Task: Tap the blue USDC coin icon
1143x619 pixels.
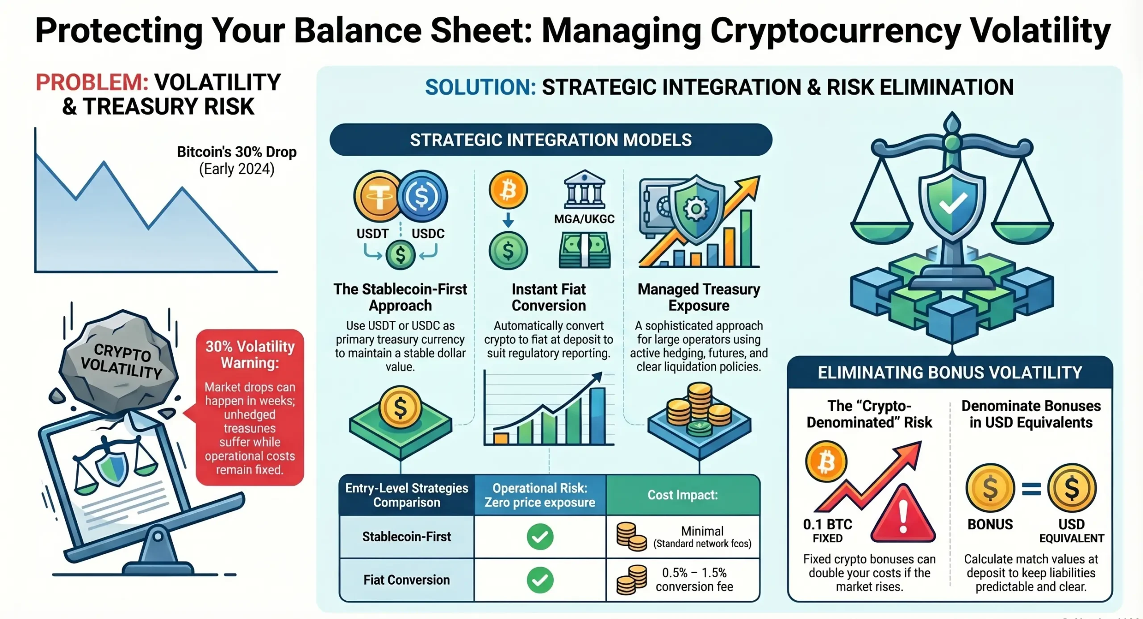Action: click(422, 196)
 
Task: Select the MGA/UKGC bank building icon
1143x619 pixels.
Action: click(584, 189)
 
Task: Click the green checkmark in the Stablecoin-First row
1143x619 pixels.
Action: click(540, 536)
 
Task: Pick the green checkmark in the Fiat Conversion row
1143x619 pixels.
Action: click(540, 580)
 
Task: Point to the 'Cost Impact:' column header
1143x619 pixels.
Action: click(683, 495)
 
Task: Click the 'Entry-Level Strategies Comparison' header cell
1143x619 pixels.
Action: click(407, 495)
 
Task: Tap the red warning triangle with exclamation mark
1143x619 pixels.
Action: click(903, 515)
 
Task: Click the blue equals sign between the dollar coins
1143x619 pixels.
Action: click(1031, 490)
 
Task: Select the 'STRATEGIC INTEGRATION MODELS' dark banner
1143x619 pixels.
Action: click(551, 140)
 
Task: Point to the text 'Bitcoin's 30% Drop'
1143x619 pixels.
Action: click(237, 152)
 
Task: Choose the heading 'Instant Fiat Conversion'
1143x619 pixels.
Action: click(549, 297)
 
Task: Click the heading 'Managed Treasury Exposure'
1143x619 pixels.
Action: click(699, 297)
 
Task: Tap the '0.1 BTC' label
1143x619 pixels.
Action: click(827, 524)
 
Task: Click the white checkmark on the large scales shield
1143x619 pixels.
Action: click(953, 204)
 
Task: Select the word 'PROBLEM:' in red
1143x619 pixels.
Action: click(92, 83)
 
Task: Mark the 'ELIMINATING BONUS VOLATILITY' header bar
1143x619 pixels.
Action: click(950, 372)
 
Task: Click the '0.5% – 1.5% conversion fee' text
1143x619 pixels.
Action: click(694, 579)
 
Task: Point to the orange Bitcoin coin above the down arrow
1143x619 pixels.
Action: click(508, 190)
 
